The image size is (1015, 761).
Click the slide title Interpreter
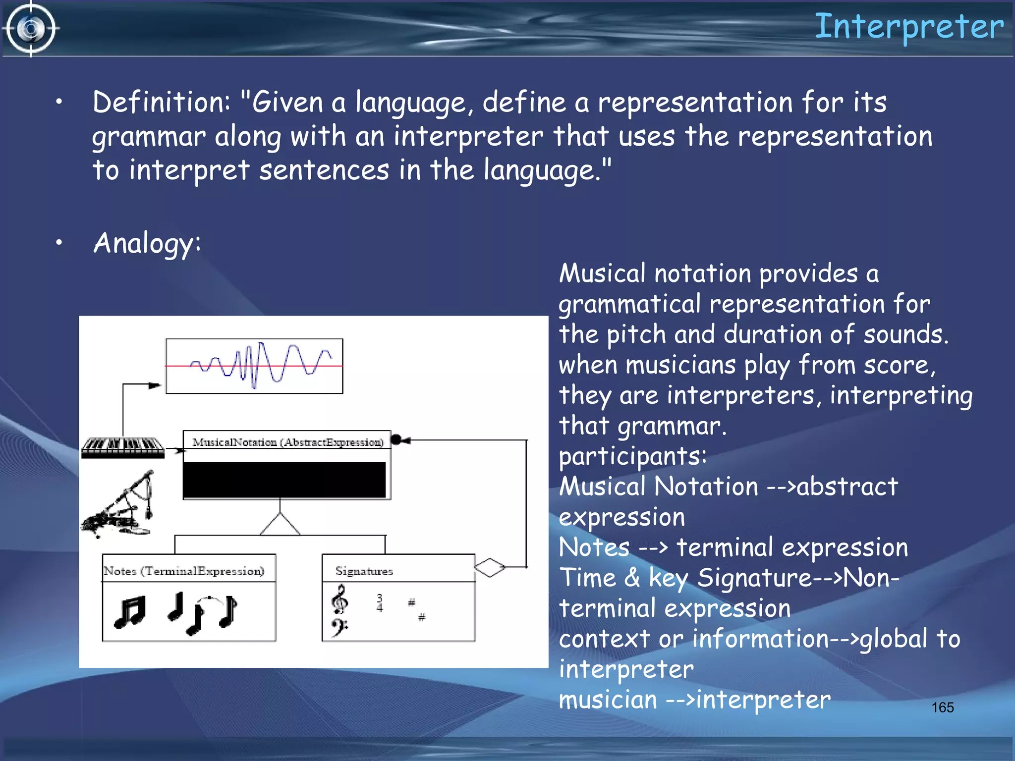909,27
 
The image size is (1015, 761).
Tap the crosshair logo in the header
31,29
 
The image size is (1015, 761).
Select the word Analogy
147,243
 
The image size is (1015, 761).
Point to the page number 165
942,707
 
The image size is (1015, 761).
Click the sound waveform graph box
254,366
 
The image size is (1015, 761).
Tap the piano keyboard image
122,447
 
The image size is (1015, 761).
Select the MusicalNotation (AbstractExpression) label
287,442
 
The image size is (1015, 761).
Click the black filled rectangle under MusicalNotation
284,480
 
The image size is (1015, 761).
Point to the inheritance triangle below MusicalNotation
280,525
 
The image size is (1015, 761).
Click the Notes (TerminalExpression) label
184,571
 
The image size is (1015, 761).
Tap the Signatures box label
364,571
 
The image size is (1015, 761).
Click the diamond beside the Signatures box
489,567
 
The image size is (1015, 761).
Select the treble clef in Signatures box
339,599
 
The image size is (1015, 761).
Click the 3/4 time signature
380,603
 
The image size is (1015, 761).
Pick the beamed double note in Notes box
130,612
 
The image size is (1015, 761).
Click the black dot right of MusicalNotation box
396,439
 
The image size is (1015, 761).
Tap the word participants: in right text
632,456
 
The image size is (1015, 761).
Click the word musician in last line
608,700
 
